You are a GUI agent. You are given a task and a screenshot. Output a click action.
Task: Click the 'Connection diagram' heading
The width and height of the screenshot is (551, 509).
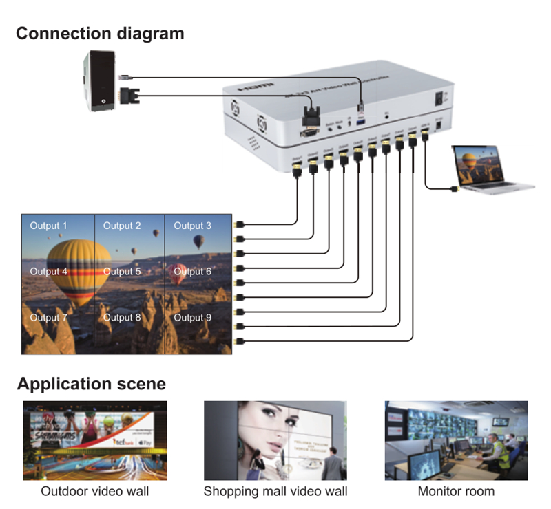pyautogui.click(x=100, y=33)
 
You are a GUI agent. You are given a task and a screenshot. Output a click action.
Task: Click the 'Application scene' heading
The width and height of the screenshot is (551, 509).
pyautogui.click(x=92, y=383)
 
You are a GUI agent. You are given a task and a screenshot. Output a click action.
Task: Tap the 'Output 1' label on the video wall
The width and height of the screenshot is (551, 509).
pyautogui.click(x=48, y=226)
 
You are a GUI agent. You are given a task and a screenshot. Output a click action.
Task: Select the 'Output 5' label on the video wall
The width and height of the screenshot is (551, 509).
pyautogui.click(x=122, y=272)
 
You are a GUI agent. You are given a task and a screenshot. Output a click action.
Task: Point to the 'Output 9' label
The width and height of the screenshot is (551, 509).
pyautogui.click(x=192, y=318)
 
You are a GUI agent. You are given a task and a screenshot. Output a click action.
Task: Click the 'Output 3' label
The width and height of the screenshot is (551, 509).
pyautogui.click(x=192, y=226)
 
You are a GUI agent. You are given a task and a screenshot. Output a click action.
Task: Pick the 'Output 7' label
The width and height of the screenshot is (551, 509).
pyautogui.click(x=48, y=318)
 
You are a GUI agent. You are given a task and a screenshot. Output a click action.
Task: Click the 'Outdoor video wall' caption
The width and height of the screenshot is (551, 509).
pyautogui.click(x=94, y=491)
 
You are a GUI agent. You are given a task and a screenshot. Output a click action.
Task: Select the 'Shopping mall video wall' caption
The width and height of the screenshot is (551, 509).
pyautogui.click(x=275, y=491)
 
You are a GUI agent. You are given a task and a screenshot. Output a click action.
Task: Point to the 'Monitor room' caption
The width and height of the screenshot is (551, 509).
pyautogui.click(x=456, y=491)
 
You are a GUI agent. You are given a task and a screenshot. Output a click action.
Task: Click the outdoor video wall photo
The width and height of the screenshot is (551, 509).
pyautogui.click(x=94, y=440)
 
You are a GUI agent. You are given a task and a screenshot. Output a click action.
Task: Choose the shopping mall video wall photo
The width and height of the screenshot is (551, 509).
pyautogui.click(x=275, y=440)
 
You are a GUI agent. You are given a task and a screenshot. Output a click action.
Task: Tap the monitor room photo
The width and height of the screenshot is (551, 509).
pyautogui.click(x=456, y=440)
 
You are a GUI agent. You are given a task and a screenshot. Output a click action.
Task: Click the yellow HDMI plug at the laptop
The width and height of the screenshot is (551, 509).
pyautogui.click(x=455, y=188)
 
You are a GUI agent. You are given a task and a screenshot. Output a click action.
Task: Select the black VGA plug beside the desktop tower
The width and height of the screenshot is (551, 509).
pyautogui.click(x=127, y=94)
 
